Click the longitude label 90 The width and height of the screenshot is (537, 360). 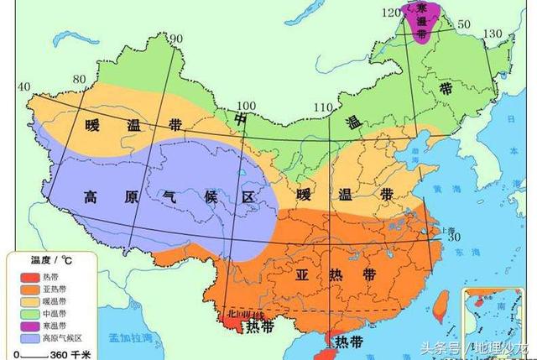[x=176, y=39]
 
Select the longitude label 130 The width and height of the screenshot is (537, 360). [x=493, y=33]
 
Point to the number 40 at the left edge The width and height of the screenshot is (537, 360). [x=23, y=87]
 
